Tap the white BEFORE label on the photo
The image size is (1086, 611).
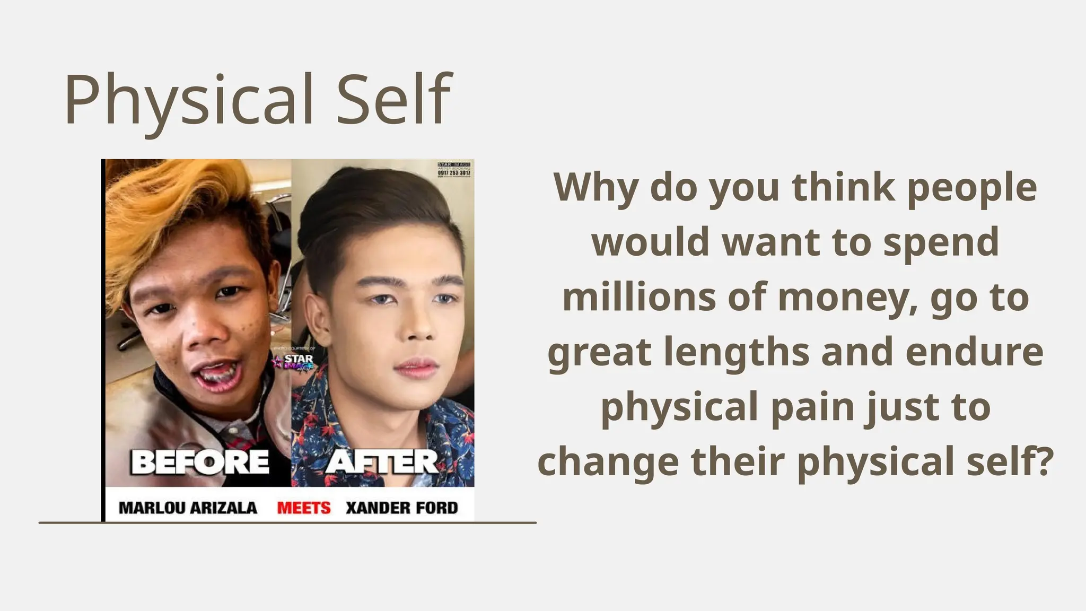pyautogui.click(x=200, y=462)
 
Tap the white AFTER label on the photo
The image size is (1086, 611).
pyautogui.click(x=382, y=462)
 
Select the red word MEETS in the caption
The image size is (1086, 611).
pyautogui.click(x=304, y=508)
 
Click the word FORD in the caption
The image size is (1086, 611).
pyautogui.click(x=436, y=508)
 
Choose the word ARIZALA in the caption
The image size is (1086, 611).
pyautogui.click(x=223, y=508)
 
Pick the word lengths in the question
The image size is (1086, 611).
pyautogui.click(x=737, y=352)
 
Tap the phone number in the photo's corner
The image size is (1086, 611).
pyautogui.click(x=454, y=173)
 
